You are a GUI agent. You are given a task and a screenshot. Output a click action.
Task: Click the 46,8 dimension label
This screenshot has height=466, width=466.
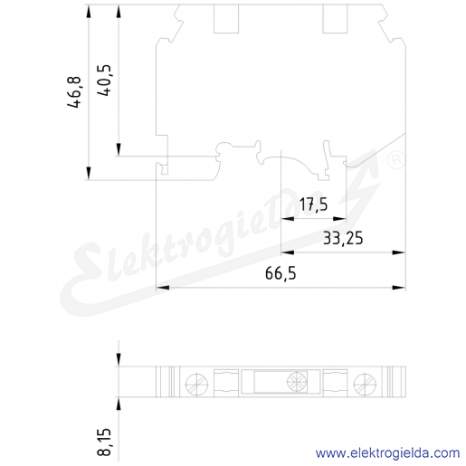74,92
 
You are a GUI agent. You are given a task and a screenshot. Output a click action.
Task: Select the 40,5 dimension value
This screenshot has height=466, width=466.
104,81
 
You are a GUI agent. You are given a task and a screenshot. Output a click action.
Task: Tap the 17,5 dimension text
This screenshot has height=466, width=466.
313,204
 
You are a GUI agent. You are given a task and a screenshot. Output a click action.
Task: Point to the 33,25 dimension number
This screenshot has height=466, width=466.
343,239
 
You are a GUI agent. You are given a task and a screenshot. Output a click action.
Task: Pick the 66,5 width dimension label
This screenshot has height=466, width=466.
281,273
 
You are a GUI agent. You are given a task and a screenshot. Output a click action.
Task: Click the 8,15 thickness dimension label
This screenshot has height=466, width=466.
104,442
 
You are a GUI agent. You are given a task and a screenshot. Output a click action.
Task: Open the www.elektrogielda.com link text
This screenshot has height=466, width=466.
387,452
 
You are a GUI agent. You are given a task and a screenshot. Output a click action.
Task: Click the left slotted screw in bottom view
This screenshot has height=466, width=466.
196,385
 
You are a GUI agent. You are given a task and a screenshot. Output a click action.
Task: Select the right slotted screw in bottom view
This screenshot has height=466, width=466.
365,385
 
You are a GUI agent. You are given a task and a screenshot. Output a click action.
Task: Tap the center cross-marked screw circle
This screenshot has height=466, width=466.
297,382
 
